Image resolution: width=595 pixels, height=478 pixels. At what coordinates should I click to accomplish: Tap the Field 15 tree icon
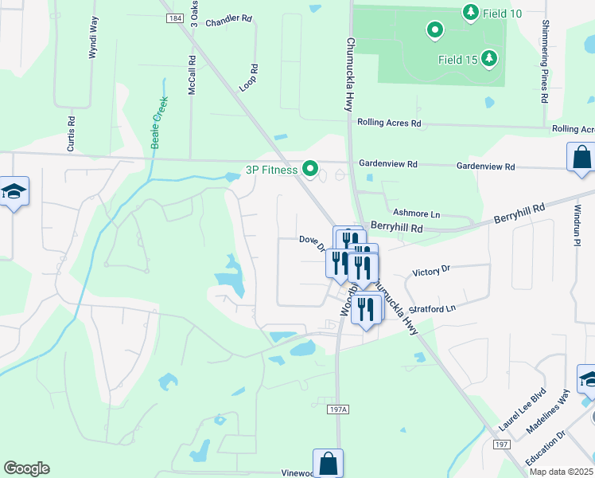click(489, 59)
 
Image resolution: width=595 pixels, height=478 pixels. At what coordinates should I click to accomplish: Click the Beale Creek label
click(159, 117)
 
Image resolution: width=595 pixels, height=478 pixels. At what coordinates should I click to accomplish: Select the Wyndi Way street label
click(93, 37)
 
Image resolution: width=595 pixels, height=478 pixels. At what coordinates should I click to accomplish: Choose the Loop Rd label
click(247, 78)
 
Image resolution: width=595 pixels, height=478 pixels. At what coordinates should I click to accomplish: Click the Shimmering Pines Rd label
click(545, 61)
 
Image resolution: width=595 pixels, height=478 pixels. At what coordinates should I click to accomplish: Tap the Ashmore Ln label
click(416, 214)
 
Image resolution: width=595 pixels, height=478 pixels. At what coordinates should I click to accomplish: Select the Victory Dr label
click(431, 271)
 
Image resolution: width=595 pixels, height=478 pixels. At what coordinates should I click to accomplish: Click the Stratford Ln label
click(432, 308)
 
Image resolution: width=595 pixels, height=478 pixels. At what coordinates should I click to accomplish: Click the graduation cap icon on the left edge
click(14, 191)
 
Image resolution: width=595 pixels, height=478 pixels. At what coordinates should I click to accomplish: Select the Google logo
click(26, 468)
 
